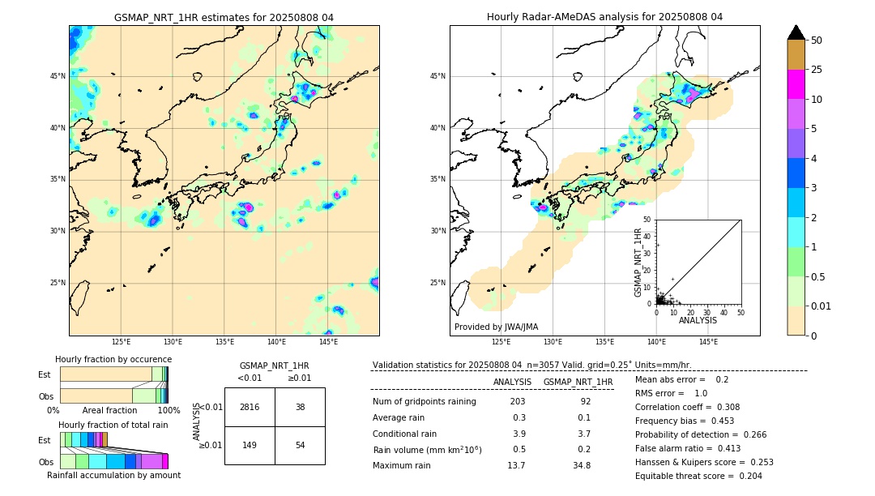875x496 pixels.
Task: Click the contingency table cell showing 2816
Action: tap(250, 407)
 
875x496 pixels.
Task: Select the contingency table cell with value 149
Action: tap(250, 445)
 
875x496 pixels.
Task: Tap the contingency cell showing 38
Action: tap(300, 407)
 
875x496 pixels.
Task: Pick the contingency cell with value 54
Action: tap(300, 445)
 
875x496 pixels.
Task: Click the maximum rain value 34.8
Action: tap(582, 465)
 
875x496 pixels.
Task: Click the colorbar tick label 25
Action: tap(817, 70)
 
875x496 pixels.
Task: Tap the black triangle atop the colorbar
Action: tap(796, 32)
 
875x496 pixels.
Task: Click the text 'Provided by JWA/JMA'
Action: tap(496, 327)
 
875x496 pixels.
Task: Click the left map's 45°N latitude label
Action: tap(57, 76)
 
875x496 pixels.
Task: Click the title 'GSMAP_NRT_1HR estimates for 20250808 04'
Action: tap(224, 17)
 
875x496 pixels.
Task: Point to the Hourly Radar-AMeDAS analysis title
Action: tap(604, 17)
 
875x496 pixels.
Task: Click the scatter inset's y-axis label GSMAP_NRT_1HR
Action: tap(638, 262)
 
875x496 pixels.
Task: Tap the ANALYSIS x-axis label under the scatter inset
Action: tap(698, 320)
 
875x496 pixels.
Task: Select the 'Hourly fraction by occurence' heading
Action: tap(113, 359)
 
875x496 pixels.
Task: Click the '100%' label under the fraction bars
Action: tap(169, 411)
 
